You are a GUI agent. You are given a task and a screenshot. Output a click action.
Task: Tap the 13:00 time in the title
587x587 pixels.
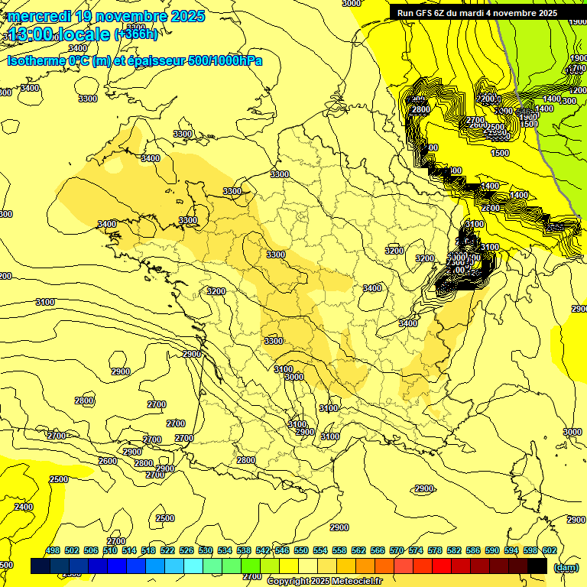click(31, 34)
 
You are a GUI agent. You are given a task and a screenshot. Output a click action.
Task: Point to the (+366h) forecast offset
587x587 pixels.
click(135, 34)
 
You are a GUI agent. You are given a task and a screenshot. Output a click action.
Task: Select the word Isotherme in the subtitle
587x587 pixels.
click(35, 60)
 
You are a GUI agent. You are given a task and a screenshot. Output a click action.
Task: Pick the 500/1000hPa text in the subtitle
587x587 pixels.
click(225, 60)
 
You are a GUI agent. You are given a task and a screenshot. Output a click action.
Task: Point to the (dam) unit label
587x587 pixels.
click(566, 567)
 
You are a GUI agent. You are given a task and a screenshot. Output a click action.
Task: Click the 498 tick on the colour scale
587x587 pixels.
click(53, 550)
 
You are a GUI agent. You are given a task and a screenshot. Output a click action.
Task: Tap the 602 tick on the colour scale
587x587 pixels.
click(550, 550)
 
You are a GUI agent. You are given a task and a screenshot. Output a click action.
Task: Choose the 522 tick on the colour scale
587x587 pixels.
click(167, 550)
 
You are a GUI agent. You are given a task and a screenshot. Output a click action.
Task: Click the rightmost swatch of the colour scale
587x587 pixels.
click(537, 566)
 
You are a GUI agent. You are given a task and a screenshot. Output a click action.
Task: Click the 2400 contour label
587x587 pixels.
click(24, 507)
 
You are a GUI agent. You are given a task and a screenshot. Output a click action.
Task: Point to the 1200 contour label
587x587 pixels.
click(579, 90)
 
